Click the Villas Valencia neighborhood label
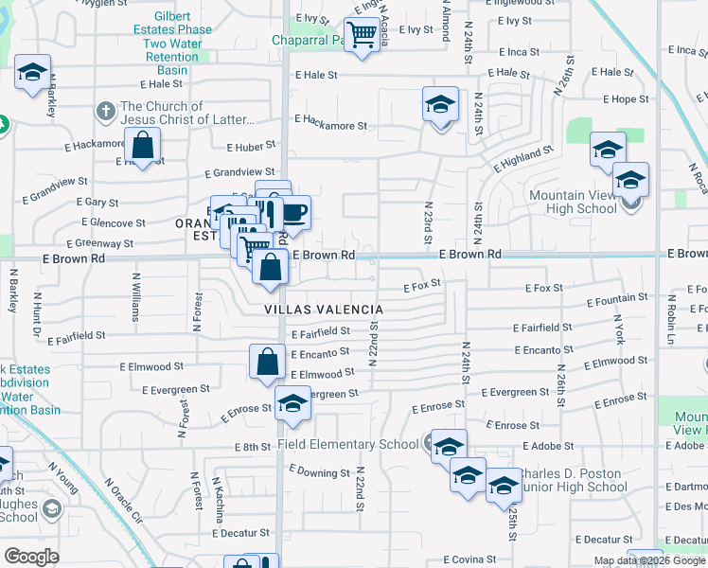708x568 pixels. pos(323,310)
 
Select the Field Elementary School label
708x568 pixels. pos(347,444)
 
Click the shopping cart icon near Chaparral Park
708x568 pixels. pos(362,36)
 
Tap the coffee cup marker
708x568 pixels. pos(293,213)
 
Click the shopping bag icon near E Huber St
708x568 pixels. pos(143,147)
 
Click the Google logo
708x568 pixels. pos(31,556)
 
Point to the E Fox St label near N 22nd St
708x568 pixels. pos(422,285)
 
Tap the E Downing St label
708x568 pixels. pos(320,471)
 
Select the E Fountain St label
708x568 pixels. pos(617,300)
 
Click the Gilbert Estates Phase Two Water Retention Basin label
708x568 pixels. pos(172,44)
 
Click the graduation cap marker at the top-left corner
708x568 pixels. pos(32,73)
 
